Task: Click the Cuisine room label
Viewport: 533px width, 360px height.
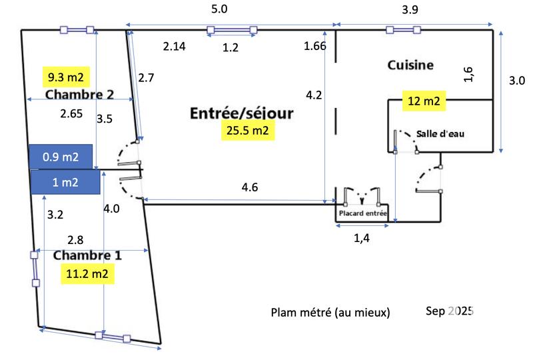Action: (x=410, y=65)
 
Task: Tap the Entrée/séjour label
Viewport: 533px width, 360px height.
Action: (x=242, y=113)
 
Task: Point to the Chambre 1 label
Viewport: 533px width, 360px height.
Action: (x=87, y=256)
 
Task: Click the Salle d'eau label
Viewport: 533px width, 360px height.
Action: (x=440, y=133)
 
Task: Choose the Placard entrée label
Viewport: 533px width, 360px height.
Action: (x=362, y=214)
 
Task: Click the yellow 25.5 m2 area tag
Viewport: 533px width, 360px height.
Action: (x=247, y=131)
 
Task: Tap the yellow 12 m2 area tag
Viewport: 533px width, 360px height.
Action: (x=423, y=101)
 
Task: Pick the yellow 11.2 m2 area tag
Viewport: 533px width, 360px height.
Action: (x=87, y=273)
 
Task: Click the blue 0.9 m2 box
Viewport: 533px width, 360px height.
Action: (x=61, y=157)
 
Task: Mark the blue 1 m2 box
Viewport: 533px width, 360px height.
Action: (x=65, y=182)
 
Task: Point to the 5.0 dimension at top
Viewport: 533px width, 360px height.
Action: (x=219, y=9)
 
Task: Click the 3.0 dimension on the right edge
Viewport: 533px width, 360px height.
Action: (x=516, y=81)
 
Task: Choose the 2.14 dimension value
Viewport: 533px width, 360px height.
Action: (x=175, y=46)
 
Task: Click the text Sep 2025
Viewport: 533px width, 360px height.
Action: (x=449, y=311)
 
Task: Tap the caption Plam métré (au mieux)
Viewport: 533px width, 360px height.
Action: (x=330, y=312)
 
